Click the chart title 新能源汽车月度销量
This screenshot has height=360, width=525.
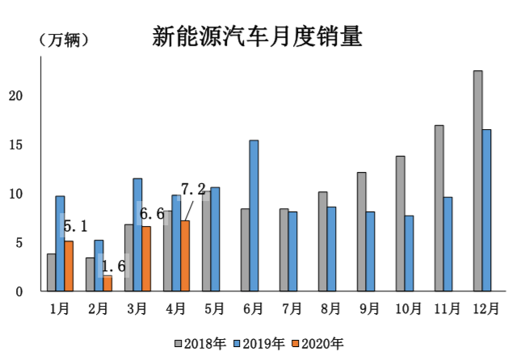click(257, 37)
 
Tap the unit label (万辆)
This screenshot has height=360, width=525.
click(63, 40)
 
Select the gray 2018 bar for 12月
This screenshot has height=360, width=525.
click(477, 181)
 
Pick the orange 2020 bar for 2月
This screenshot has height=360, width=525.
click(107, 283)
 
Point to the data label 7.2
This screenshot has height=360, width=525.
click(193, 189)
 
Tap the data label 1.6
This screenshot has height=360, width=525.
click(113, 266)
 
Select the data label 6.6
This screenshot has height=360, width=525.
click(152, 214)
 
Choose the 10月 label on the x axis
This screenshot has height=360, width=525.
click(409, 308)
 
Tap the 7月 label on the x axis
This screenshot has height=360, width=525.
click(292, 308)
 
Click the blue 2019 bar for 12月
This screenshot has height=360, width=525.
click(487, 210)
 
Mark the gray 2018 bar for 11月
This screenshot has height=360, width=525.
click(439, 207)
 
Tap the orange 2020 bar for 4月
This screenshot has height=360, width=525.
click(185, 255)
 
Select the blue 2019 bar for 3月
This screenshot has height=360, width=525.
click(137, 234)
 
